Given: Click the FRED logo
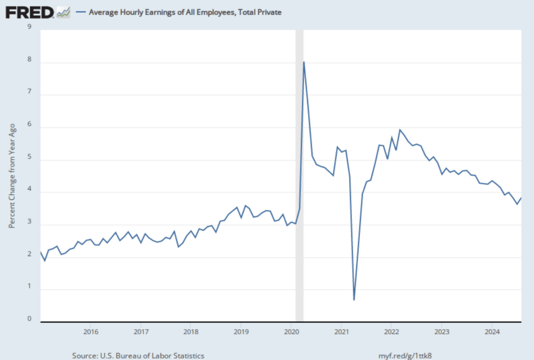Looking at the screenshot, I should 30,11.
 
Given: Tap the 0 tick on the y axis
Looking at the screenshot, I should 29,319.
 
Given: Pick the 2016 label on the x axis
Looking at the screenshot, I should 90,331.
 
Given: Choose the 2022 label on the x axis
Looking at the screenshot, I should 392,331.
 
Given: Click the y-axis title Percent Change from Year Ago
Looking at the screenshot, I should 11,177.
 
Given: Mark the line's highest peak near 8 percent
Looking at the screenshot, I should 304,62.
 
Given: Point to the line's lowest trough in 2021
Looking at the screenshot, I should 354,299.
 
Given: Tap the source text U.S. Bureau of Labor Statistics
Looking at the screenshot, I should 138,355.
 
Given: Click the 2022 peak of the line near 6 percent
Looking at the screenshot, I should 399,130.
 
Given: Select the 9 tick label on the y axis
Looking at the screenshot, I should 29,27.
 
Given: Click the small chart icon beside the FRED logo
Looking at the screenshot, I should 63,11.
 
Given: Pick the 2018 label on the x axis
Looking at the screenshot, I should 191,331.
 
